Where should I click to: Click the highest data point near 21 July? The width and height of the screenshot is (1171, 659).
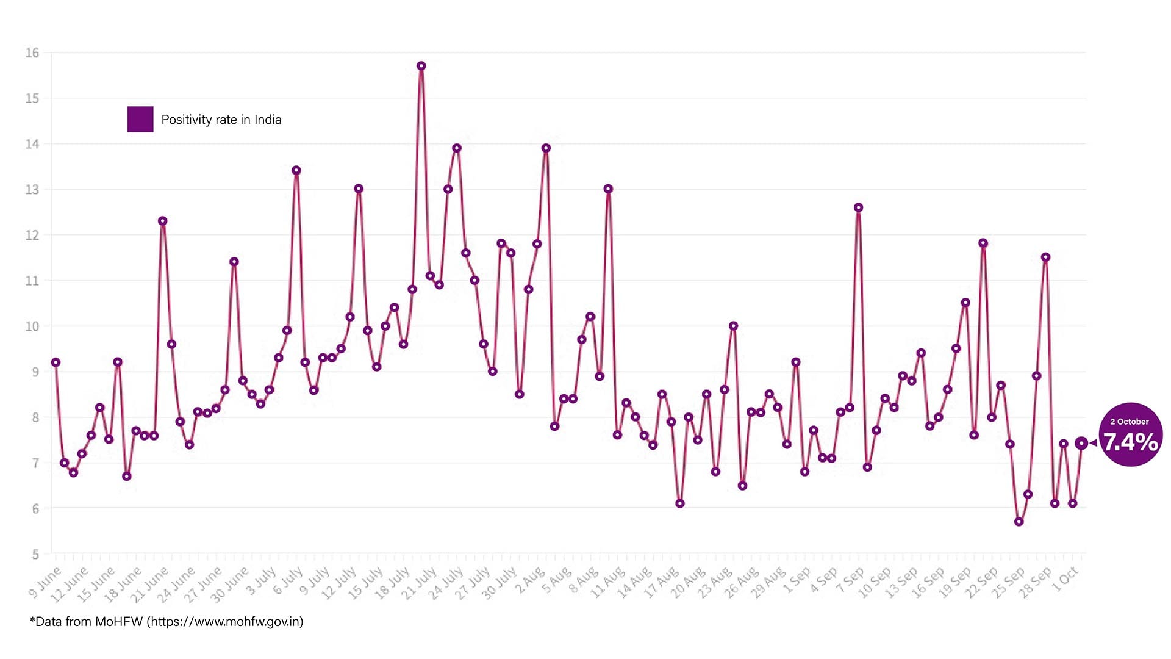[421, 66]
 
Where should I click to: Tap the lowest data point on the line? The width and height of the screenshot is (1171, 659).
[1019, 522]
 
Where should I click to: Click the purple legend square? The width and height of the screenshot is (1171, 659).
[140, 119]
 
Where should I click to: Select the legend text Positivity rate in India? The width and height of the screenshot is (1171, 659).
[221, 120]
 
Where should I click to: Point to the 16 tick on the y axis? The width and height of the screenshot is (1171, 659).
[32, 53]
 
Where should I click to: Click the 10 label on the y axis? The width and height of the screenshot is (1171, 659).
[32, 326]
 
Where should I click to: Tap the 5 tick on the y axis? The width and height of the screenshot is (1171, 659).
[35, 554]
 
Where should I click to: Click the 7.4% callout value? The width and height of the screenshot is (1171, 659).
[1131, 442]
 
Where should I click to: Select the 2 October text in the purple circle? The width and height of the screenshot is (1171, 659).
[1130, 422]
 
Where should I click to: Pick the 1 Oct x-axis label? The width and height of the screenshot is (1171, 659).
[1066, 580]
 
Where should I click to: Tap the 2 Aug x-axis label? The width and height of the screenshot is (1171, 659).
[529, 580]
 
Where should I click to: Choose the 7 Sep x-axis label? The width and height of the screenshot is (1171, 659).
[850, 580]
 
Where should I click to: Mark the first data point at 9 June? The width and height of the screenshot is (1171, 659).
[56, 362]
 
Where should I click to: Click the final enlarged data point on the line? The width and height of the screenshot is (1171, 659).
[1081, 444]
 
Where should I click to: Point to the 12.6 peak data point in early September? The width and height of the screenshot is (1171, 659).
[858, 207]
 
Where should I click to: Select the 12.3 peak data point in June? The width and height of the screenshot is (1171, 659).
[162, 221]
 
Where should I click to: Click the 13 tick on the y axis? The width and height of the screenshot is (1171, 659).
[32, 190]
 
